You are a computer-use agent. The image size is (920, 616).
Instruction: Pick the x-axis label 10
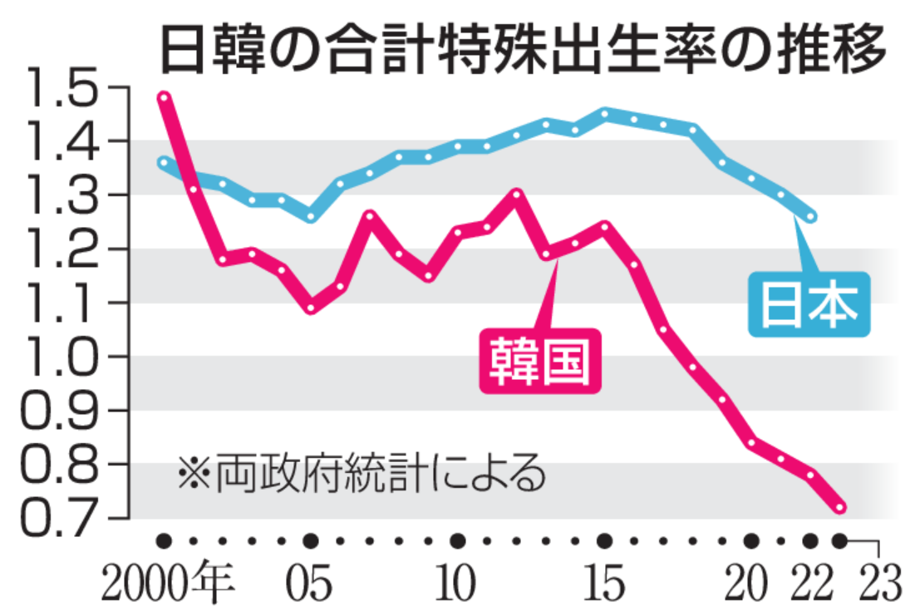coord(457,586)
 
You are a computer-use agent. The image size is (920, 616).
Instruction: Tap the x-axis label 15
coord(604,586)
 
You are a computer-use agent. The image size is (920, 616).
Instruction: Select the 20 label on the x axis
coord(750,586)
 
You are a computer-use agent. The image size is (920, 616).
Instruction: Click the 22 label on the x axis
coord(811,586)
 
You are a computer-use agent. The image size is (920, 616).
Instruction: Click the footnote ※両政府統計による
coord(362,474)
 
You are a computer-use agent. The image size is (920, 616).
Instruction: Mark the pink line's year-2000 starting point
coord(165,97)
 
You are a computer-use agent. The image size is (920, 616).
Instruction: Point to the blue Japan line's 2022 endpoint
coord(811,217)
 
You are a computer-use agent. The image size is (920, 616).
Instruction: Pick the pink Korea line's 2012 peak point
coord(516,195)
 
